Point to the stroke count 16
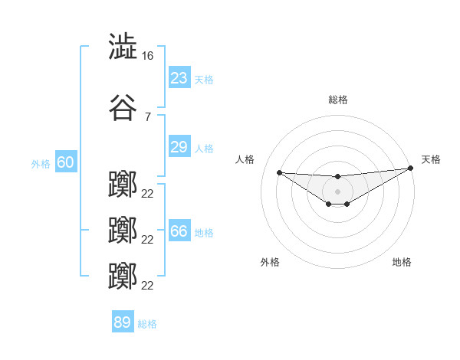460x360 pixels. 148,56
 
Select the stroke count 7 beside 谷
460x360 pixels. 147,116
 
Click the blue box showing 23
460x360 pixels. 179,78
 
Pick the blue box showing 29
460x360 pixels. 179,147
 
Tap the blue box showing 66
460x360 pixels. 179,231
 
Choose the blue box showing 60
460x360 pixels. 65,162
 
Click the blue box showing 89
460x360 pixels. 123,322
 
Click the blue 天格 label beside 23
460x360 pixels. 204,79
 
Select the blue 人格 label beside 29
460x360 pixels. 204,148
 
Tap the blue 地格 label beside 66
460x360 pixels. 204,232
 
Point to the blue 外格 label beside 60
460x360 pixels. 41,163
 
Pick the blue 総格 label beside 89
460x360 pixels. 147,323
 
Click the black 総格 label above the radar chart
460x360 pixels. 337,100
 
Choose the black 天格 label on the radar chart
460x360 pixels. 431,159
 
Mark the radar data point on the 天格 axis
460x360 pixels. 410,168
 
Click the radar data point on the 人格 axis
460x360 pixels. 279,172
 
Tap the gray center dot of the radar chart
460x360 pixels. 337,191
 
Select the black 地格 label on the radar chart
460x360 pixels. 402,262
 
